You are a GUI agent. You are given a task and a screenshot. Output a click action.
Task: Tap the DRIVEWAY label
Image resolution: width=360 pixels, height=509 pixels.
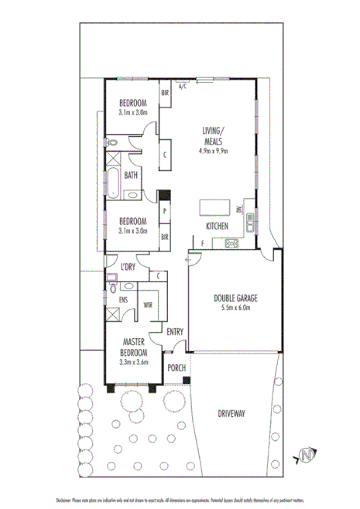tap(231, 414)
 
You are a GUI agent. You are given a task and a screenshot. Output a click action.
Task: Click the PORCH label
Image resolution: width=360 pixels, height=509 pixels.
tap(176, 367)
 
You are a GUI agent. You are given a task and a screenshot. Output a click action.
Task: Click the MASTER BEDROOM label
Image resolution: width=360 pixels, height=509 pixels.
tap(134, 349)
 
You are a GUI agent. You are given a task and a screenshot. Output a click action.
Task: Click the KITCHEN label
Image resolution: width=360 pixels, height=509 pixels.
tap(216, 226)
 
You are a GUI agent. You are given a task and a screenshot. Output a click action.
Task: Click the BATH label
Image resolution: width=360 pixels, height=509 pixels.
tap(131, 176)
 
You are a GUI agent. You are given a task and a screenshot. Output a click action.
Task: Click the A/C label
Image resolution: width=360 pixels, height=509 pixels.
tap(183, 87)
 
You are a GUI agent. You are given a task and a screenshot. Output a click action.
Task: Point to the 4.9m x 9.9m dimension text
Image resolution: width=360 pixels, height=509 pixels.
tap(211, 151)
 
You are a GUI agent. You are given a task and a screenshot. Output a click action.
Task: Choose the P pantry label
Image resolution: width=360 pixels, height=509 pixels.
tap(165, 210)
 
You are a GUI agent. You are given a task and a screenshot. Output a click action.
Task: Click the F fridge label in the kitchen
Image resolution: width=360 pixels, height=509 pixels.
tap(202, 244)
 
